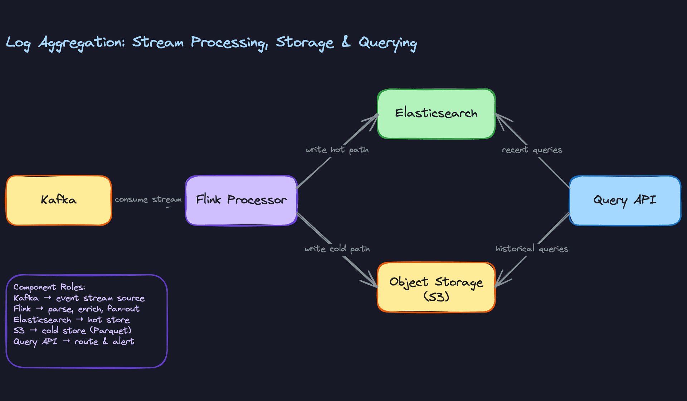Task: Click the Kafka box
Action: (x=59, y=200)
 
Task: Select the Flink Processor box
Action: (x=241, y=200)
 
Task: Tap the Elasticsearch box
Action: (x=436, y=113)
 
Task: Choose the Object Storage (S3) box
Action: (x=436, y=288)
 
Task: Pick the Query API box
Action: (x=625, y=200)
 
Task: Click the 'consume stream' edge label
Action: (x=148, y=199)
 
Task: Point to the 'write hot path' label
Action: (x=337, y=150)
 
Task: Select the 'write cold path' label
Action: (x=337, y=249)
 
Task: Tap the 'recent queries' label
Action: (x=532, y=150)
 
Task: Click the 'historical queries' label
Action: (x=532, y=249)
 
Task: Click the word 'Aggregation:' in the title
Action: (x=82, y=43)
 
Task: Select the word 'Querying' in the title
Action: (x=388, y=43)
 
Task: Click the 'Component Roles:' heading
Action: (x=49, y=287)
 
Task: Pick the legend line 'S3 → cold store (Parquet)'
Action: (x=72, y=330)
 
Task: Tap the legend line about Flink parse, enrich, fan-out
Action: (x=77, y=309)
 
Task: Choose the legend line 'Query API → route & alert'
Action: (x=74, y=342)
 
